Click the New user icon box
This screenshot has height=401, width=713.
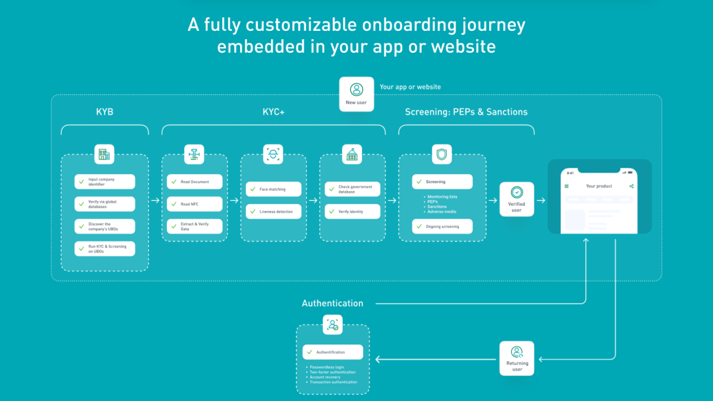pyautogui.click(x=356, y=94)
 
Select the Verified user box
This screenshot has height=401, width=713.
pyautogui.click(x=516, y=199)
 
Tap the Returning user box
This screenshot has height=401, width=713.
pyautogui.click(x=516, y=358)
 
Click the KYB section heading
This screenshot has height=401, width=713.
pyautogui.click(x=105, y=112)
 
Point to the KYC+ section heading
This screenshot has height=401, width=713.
pyautogui.click(x=273, y=112)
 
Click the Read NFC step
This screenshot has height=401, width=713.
pyautogui.click(x=195, y=204)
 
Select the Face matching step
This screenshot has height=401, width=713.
pyautogui.click(x=273, y=189)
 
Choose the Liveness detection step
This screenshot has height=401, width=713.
pyautogui.click(x=273, y=211)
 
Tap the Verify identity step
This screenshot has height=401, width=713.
pyautogui.click(x=352, y=211)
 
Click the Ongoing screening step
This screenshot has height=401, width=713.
pyautogui.click(x=443, y=226)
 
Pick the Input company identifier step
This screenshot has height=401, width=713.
pyautogui.click(x=105, y=181)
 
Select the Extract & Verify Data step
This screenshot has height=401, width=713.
pyautogui.click(x=195, y=227)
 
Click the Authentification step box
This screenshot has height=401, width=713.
pyautogui.click(x=332, y=352)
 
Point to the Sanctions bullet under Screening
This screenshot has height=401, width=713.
pyautogui.click(x=437, y=206)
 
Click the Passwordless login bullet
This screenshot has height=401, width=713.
pyautogui.click(x=327, y=367)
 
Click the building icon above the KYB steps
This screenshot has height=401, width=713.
pyautogui.click(x=105, y=155)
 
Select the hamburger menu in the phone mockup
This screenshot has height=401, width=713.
pyautogui.click(x=566, y=186)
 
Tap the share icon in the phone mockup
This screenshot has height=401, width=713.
pyautogui.click(x=631, y=186)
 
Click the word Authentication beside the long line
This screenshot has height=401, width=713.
pyautogui.click(x=332, y=303)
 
